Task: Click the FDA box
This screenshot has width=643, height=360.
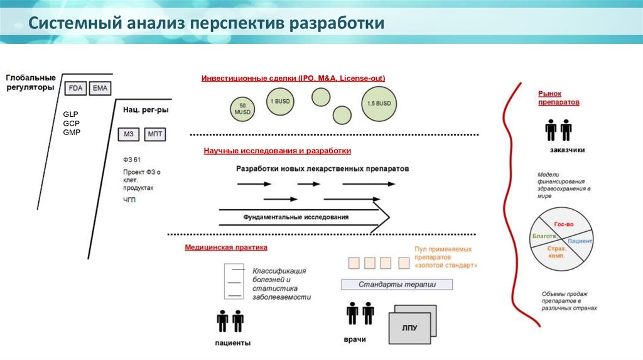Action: tap(75, 89)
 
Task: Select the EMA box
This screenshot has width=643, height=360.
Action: tap(100, 89)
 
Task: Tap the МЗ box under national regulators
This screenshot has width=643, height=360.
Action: tap(129, 134)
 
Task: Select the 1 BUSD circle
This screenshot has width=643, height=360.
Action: tap(280, 101)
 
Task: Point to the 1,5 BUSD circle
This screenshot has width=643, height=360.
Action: tap(379, 103)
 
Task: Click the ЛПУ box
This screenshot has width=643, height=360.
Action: tap(409, 327)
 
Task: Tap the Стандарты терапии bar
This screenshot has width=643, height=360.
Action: tap(397, 285)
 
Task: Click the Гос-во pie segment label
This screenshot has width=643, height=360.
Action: tap(561, 224)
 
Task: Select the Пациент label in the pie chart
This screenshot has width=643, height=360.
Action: tap(580, 241)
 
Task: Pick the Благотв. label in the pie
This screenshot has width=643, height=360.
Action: tap(544, 236)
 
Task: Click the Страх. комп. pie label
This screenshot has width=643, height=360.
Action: tap(556, 252)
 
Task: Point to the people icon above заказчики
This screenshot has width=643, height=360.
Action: tap(558, 130)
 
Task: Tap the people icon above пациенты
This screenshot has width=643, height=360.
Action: tap(230, 321)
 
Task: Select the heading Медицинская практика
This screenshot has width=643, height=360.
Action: tap(226, 248)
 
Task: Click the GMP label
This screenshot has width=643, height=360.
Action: tap(72, 132)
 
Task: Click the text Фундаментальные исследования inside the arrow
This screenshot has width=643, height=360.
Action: tap(296, 217)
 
